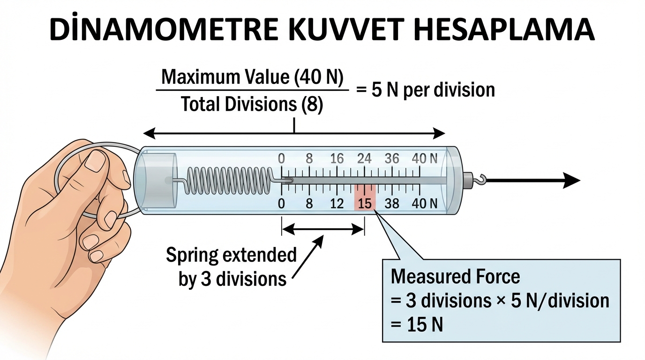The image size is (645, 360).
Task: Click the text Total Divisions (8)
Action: click(x=252, y=105)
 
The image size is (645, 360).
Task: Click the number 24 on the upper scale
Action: click(x=364, y=158)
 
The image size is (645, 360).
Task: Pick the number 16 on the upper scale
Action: click(x=337, y=158)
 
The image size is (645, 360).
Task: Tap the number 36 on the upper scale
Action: click(x=392, y=158)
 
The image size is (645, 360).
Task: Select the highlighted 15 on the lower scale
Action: click(x=365, y=203)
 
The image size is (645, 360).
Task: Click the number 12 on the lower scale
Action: click(x=337, y=203)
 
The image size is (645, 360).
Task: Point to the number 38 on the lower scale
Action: click(x=392, y=203)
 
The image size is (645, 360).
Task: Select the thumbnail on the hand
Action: click(x=97, y=160)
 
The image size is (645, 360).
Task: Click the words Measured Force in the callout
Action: click(x=455, y=277)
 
